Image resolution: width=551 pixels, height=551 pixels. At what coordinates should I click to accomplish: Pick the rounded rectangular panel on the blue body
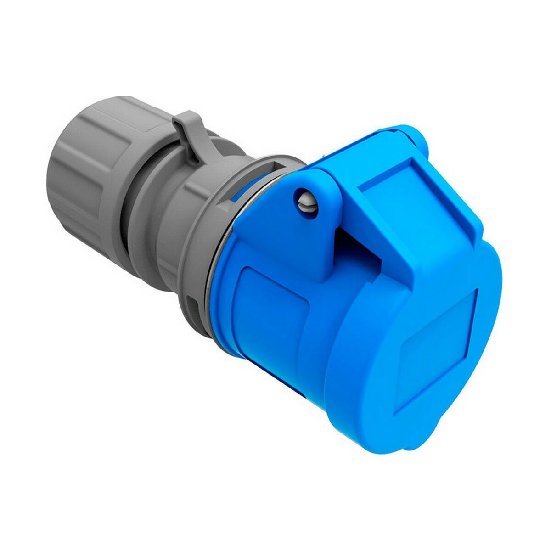pyautogui.click(x=271, y=303)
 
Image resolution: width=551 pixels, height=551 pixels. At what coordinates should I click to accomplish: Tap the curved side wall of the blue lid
pyautogui.click(x=349, y=367)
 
